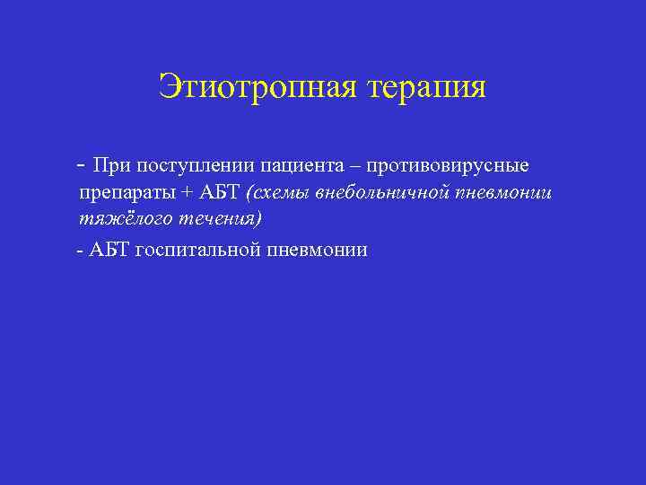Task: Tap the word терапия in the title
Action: (x=424, y=87)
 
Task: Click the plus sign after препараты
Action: (x=187, y=192)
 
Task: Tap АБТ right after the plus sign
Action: (x=219, y=192)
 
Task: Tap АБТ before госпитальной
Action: (x=109, y=250)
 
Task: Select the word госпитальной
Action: (x=198, y=251)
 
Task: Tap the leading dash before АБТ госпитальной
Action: (x=81, y=251)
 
